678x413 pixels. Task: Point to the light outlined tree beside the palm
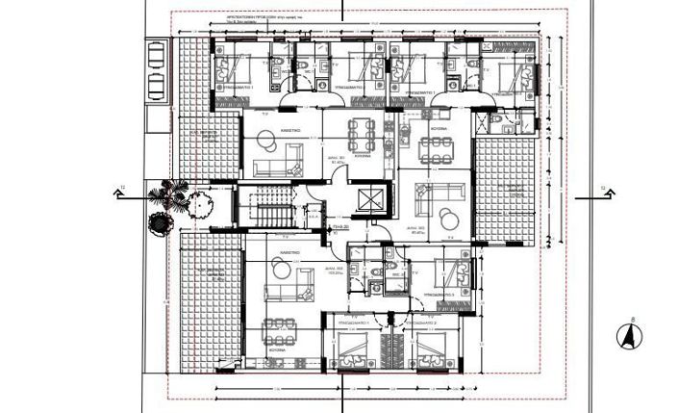(200, 203)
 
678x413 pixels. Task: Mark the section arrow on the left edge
(121, 193)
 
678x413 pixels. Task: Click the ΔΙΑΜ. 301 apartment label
(338, 161)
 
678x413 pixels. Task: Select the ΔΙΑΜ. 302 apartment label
(418, 230)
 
